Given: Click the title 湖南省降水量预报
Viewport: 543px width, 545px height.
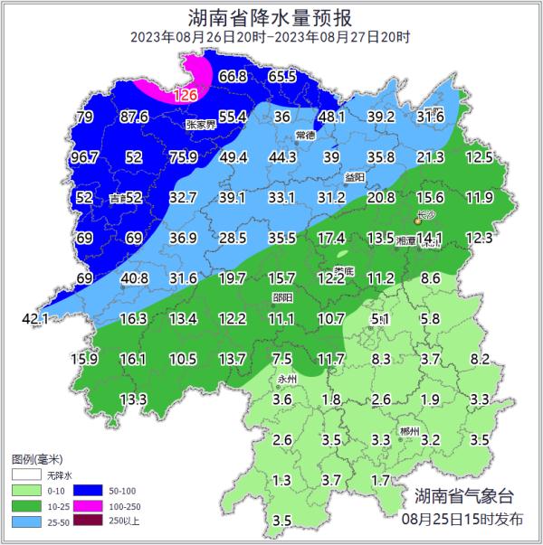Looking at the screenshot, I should pos(271,16).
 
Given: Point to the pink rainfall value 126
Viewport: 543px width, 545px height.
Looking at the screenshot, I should pos(185,95).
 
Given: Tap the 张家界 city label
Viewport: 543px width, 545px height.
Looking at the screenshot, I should pos(201,125).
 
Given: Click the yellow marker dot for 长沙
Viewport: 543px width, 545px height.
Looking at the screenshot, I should pos(417,220).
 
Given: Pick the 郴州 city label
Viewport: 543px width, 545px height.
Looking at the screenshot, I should pos(409,432).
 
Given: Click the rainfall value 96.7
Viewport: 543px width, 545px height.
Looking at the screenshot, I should pos(84,157).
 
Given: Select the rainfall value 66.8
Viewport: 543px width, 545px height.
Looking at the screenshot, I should pos(233,77).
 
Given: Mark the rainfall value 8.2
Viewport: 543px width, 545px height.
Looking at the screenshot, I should pos(480,359).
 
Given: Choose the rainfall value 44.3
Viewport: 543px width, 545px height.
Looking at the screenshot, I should pos(282,157).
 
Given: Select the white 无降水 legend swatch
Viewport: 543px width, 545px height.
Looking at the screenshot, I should pos(25,473).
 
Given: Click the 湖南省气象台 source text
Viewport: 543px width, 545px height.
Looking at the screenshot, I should pos(463,496).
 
